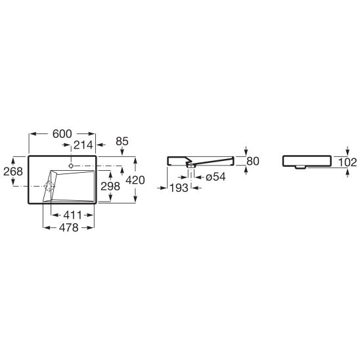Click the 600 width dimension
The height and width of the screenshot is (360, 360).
62,134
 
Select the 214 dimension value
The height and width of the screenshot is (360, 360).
83,145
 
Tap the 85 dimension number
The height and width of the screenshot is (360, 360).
122,141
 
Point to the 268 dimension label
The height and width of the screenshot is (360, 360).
13,171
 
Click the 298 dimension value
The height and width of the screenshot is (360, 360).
110,186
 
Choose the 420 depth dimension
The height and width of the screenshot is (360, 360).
135,180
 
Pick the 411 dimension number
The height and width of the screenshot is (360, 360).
72,215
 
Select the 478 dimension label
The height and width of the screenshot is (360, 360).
69,228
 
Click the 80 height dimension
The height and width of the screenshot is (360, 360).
253,161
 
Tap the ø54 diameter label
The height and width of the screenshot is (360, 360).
215,177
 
